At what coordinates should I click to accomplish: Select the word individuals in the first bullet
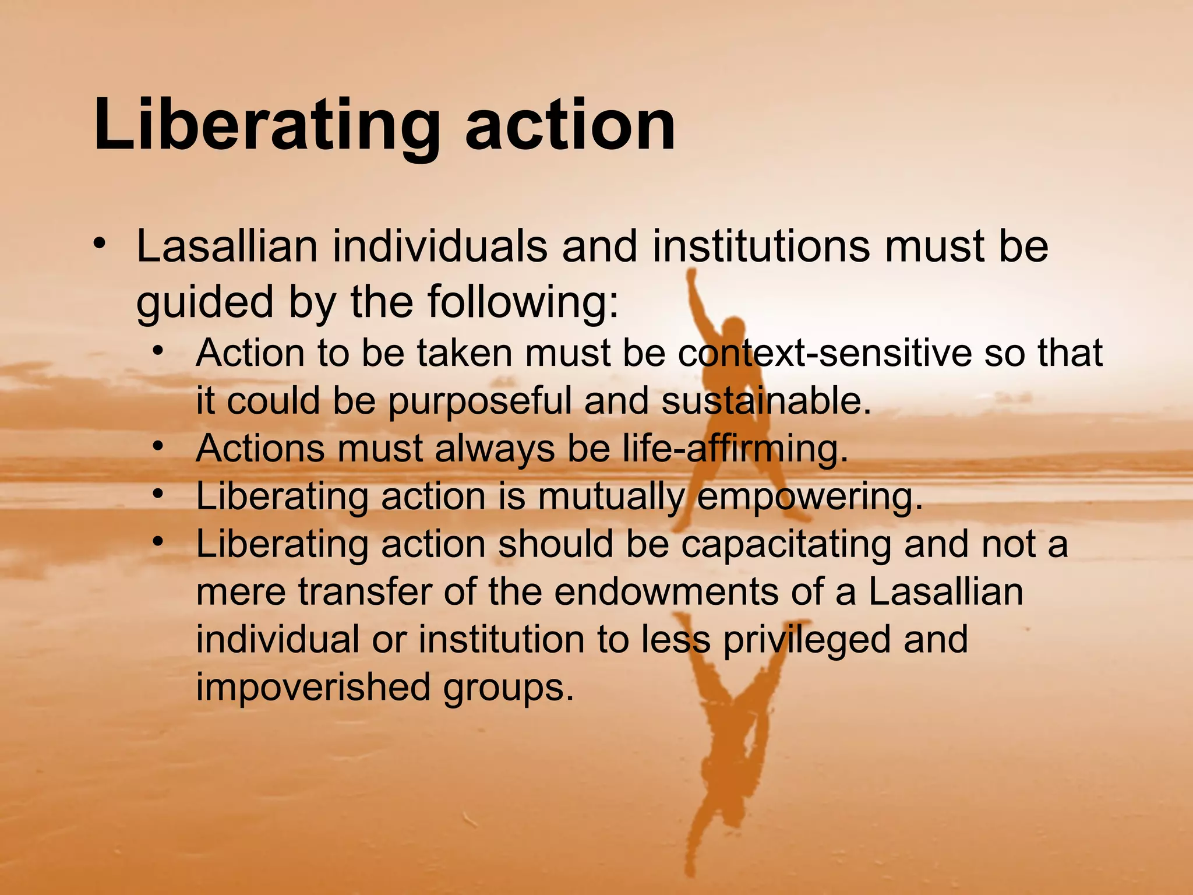(x=440, y=246)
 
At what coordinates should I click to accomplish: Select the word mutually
(x=611, y=498)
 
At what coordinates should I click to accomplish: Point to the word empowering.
(x=810, y=497)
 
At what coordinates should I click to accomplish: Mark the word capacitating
(x=786, y=545)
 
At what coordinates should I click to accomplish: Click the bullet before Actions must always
(x=157, y=446)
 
